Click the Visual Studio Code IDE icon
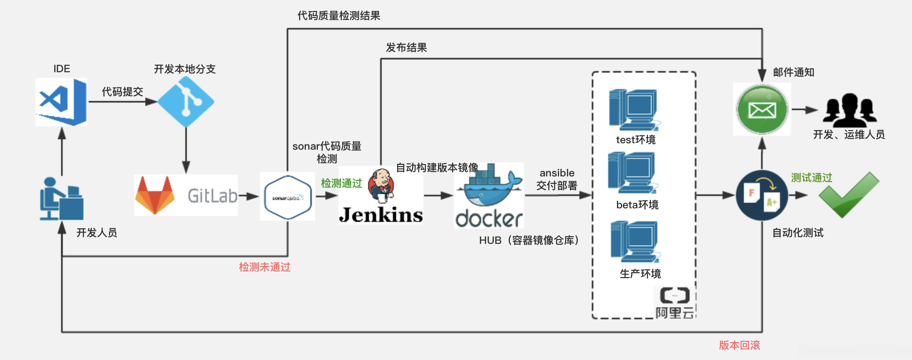click(x=61, y=102)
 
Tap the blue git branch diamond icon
click(x=186, y=102)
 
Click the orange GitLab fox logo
click(x=155, y=196)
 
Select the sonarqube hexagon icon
click(x=287, y=197)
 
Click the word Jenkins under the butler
click(x=381, y=215)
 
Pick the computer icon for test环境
click(x=634, y=110)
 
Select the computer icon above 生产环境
click(x=635, y=242)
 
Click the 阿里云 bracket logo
click(x=675, y=296)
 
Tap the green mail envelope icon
click(x=762, y=109)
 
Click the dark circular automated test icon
click(x=762, y=196)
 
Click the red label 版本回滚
click(x=740, y=345)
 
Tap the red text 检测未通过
click(x=264, y=267)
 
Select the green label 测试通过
click(x=811, y=178)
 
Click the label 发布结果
click(x=406, y=48)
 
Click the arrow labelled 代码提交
click(x=122, y=102)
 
